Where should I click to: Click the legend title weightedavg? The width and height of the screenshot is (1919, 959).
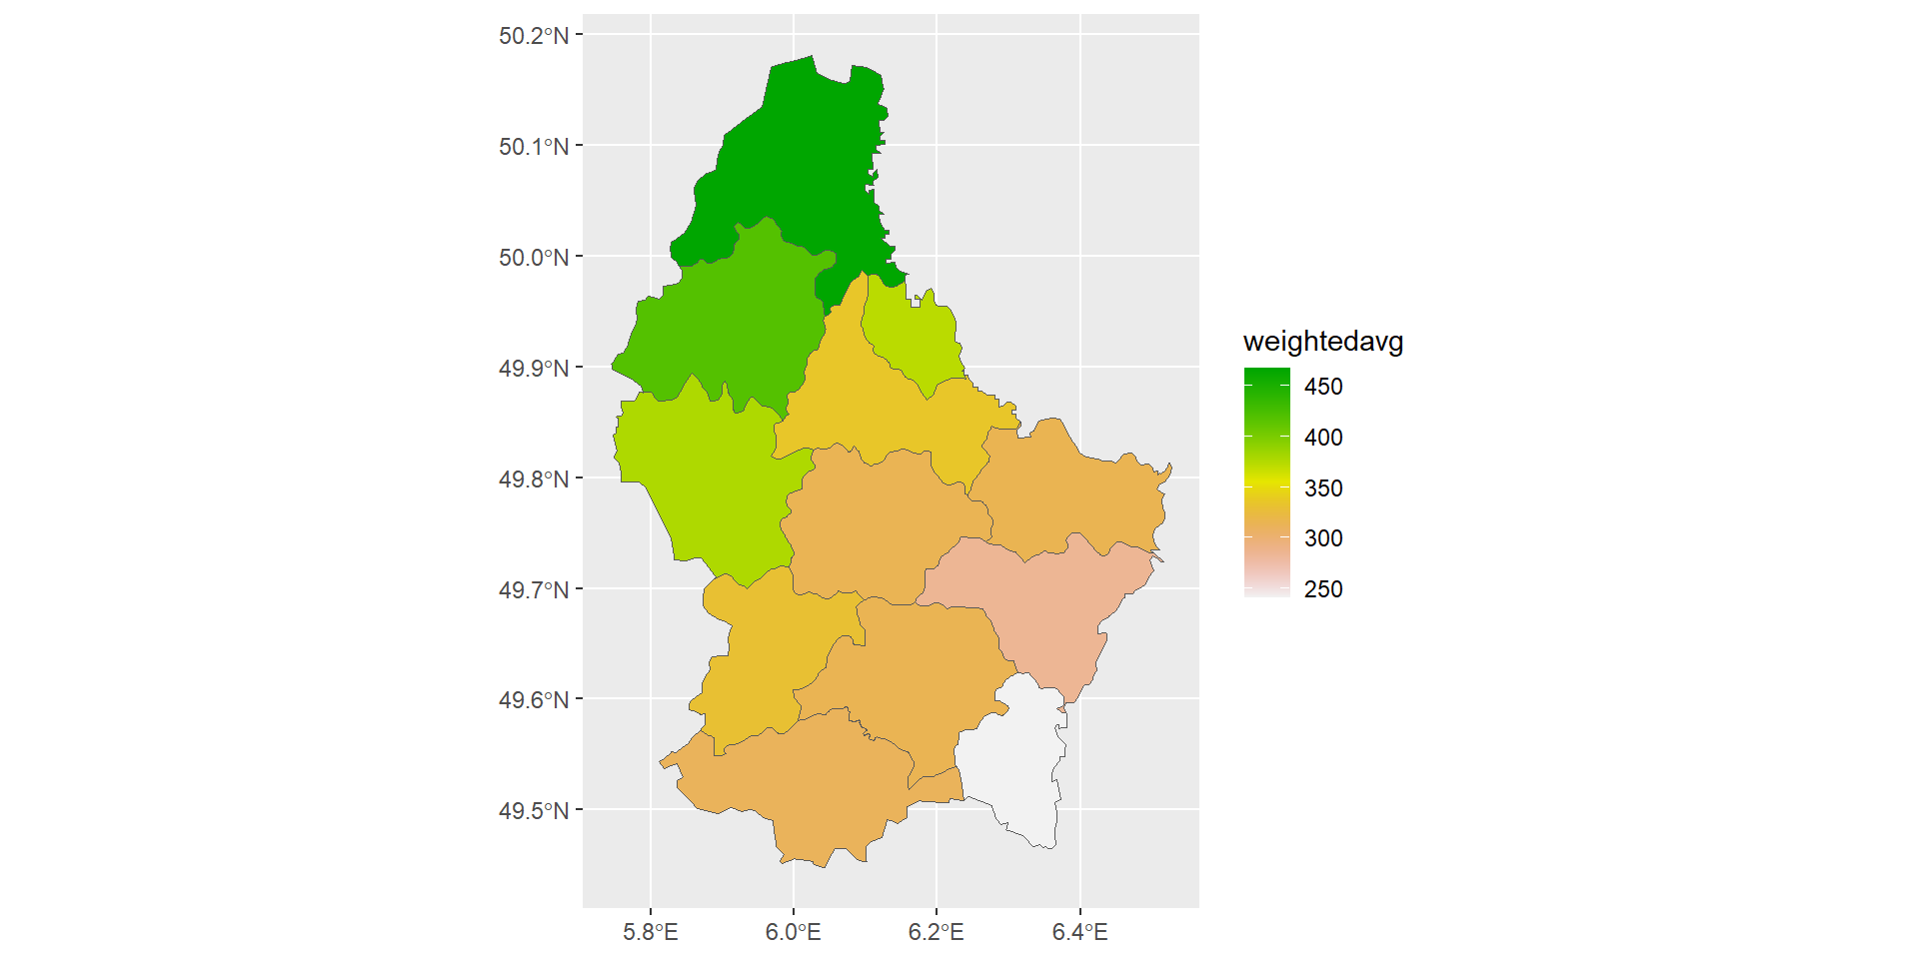(1322, 342)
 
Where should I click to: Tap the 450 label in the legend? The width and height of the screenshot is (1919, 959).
(1323, 387)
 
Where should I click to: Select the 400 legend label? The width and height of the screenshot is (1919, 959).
(1323, 438)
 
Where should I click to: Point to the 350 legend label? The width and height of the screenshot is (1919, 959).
(1323, 488)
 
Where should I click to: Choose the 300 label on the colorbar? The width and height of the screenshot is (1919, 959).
(1323, 538)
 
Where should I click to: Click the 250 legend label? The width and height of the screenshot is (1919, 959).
(1323, 589)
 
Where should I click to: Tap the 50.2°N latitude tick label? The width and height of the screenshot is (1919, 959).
(534, 36)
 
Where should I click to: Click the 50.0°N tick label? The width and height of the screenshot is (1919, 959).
(534, 258)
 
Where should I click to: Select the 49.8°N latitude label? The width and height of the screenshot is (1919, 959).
(534, 479)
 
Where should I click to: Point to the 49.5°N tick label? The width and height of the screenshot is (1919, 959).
(534, 811)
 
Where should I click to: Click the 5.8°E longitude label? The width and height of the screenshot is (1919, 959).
(651, 933)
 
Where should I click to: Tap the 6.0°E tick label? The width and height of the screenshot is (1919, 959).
(794, 933)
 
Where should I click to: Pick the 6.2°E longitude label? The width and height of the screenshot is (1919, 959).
(937, 933)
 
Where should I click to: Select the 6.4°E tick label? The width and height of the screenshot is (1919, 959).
(1080, 933)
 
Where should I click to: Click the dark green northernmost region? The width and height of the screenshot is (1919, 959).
(800, 160)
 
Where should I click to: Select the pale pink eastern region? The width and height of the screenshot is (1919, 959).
(1049, 609)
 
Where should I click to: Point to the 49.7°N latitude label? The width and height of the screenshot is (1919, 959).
(534, 590)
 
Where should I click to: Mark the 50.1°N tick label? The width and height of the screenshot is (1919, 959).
(534, 147)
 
